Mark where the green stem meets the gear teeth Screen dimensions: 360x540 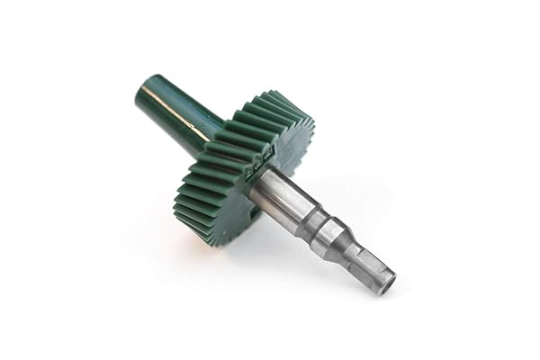tap(212, 135)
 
